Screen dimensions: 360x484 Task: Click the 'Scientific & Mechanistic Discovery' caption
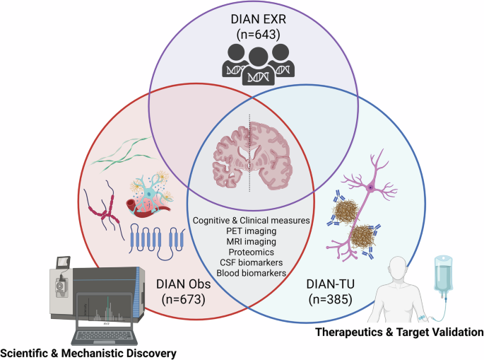[x=88, y=352]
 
